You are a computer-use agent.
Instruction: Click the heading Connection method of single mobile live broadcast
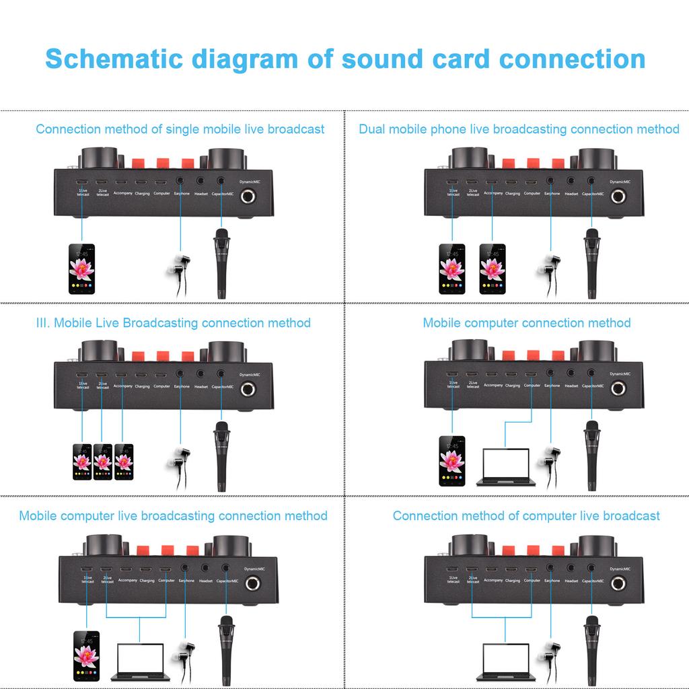(180, 129)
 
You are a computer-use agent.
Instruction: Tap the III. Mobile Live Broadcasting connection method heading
(173, 323)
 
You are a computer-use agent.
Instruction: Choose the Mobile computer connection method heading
(527, 323)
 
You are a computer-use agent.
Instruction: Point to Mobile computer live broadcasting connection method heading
(173, 516)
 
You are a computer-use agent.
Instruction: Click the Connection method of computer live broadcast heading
(526, 516)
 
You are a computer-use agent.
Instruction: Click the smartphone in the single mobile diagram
(81, 269)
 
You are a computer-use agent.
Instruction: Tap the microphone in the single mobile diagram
(221, 263)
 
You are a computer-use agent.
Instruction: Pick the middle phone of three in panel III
(103, 462)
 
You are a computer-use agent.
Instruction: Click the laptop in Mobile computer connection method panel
(505, 466)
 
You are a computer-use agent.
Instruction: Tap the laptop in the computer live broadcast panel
(505, 661)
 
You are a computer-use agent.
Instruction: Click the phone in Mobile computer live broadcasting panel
(87, 657)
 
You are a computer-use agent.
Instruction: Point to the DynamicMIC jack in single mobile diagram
(250, 197)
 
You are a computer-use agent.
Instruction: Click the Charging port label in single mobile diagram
(142, 194)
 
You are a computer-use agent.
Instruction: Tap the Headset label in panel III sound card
(201, 387)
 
